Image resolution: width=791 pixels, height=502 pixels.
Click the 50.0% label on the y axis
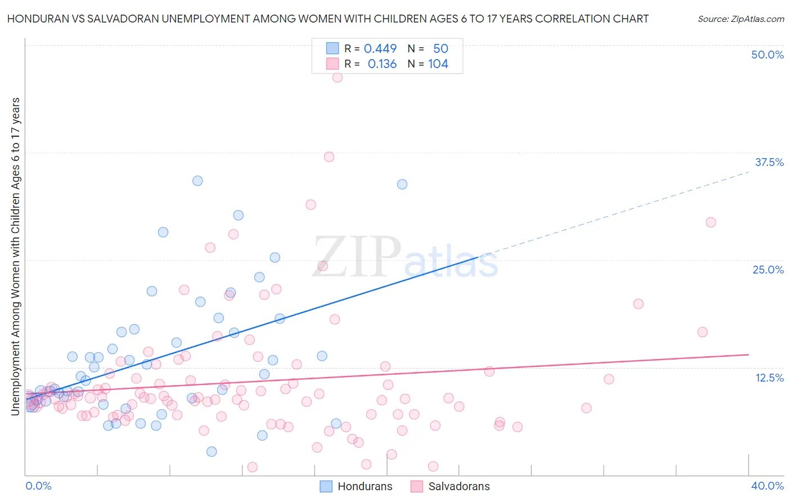(x=767, y=55)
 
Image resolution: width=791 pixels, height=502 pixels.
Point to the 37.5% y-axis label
(x=769, y=162)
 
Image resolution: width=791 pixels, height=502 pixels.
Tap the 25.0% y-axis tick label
(x=768, y=270)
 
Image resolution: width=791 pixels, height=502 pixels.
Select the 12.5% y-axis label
(x=769, y=378)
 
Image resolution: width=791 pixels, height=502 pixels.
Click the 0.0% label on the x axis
(x=38, y=486)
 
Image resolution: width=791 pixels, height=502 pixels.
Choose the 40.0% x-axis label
(x=767, y=486)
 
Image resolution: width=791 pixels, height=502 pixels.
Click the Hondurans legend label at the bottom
(x=365, y=486)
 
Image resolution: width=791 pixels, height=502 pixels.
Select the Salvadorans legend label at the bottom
(x=459, y=486)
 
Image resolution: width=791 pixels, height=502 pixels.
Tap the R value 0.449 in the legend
(x=380, y=48)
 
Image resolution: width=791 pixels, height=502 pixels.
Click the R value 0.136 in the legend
(x=382, y=64)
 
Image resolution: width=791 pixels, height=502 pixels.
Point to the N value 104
(x=438, y=64)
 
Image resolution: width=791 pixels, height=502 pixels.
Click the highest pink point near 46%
(x=338, y=77)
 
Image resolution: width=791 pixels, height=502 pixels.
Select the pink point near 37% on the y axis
(x=329, y=157)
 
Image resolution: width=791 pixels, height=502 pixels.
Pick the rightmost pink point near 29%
(x=711, y=222)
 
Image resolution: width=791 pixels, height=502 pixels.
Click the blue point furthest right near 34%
(x=402, y=184)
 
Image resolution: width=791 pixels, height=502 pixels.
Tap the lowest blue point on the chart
(x=212, y=451)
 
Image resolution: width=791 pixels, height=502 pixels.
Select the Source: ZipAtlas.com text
(x=740, y=19)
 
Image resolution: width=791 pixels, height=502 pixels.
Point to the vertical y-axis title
(x=16, y=256)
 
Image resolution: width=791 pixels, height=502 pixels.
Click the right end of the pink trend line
(x=748, y=355)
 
